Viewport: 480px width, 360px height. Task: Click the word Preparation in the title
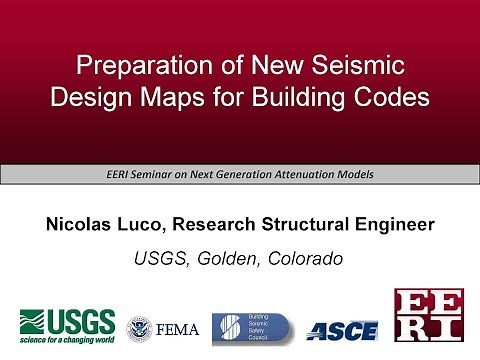(134, 70)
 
